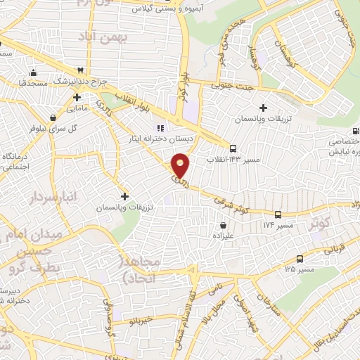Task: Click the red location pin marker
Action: click(181, 165)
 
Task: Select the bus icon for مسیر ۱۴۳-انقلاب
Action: click(233, 148)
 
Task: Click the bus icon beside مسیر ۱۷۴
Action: click(278, 214)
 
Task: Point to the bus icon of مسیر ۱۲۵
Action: click(300, 259)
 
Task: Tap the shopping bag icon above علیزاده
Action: click(223, 226)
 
